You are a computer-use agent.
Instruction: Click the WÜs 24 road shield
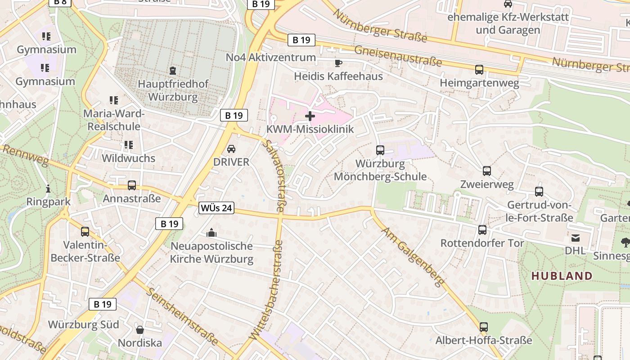[x=216, y=208]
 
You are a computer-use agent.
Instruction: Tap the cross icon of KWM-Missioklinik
[x=310, y=117]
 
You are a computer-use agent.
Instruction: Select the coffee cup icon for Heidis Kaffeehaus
[x=338, y=63]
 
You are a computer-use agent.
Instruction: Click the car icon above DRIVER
[x=231, y=149]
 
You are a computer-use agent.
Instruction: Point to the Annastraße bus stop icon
[x=132, y=185]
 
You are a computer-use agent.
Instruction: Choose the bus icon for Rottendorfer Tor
[x=482, y=230]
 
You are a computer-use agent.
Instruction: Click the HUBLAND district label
[x=562, y=276]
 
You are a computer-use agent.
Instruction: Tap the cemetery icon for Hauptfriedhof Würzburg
[x=173, y=71]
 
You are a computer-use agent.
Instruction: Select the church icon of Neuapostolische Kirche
[x=211, y=233]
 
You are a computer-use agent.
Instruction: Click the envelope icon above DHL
[x=576, y=238]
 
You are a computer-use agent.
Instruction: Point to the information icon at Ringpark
[x=48, y=189]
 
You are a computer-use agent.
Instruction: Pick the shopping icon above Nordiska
[x=140, y=330]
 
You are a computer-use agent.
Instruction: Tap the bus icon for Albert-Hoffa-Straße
[x=484, y=327]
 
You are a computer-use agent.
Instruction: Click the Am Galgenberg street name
[x=413, y=257]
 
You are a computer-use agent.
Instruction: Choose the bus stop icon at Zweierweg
[x=487, y=171]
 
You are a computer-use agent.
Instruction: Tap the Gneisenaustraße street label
[x=398, y=56]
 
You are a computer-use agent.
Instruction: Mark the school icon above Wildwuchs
[x=129, y=145]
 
